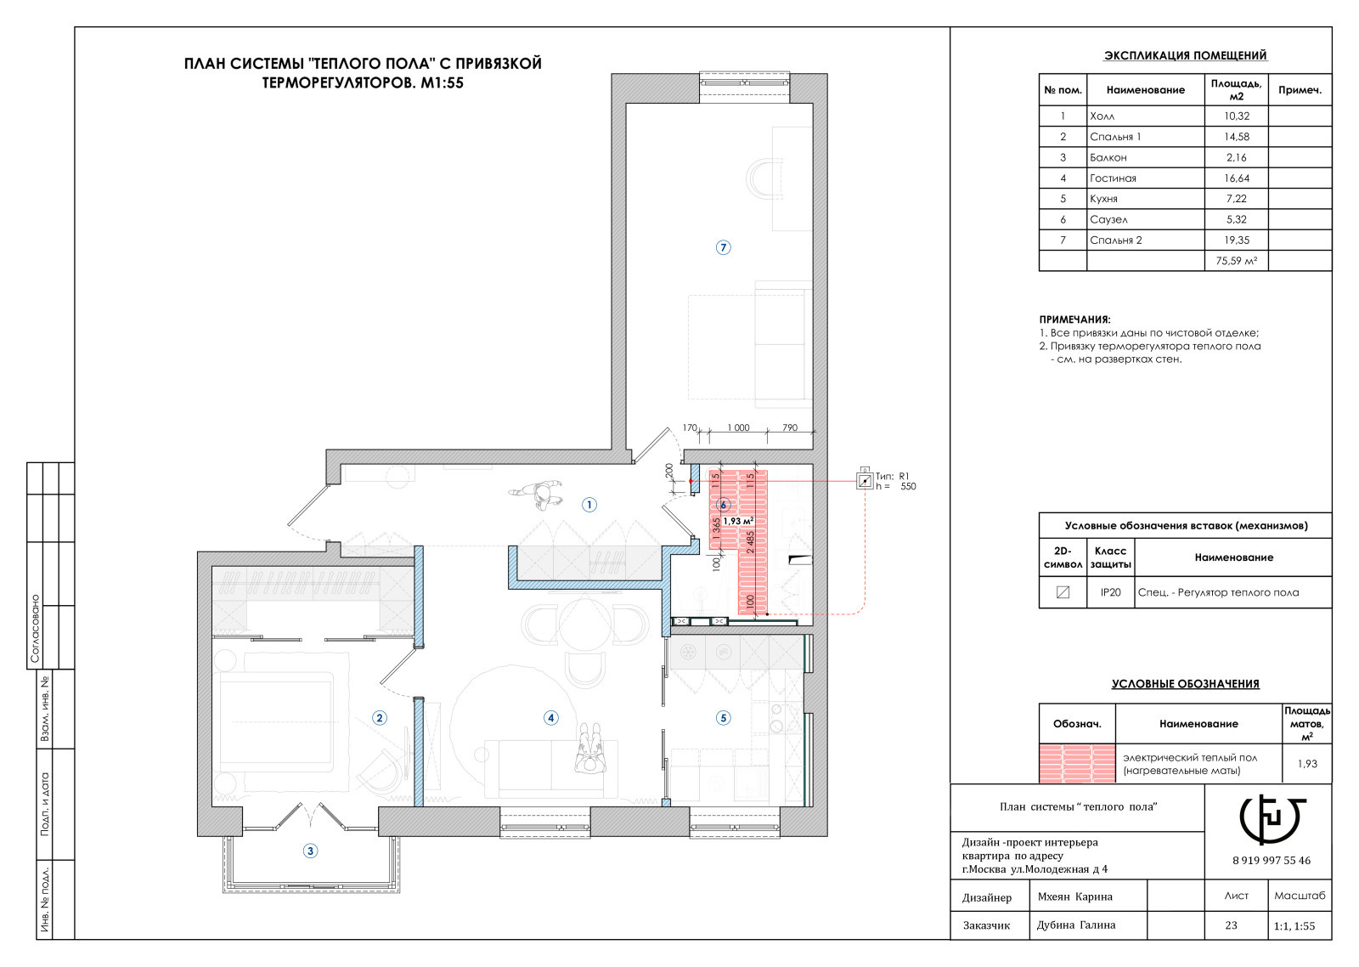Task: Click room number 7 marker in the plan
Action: [723, 247]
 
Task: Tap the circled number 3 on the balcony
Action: [310, 851]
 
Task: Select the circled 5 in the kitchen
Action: [723, 718]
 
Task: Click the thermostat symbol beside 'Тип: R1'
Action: [865, 481]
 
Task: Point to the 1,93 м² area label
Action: [738, 521]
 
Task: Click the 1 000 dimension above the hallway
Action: [738, 427]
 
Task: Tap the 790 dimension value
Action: [790, 427]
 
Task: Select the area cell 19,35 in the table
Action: [1237, 240]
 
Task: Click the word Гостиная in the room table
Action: [1113, 178]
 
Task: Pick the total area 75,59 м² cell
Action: [1237, 261]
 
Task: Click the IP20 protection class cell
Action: [1111, 592]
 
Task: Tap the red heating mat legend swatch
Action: [1078, 763]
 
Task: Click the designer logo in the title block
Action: [1271, 819]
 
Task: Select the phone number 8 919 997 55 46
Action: [1271, 861]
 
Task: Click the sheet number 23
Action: [1231, 925]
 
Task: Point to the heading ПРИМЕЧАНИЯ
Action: [1074, 320]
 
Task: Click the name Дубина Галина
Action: [1075, 925]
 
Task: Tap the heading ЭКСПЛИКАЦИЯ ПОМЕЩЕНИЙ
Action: [1185, 55]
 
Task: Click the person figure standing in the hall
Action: [536, 494]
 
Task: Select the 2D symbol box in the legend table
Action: [1063, 592]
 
